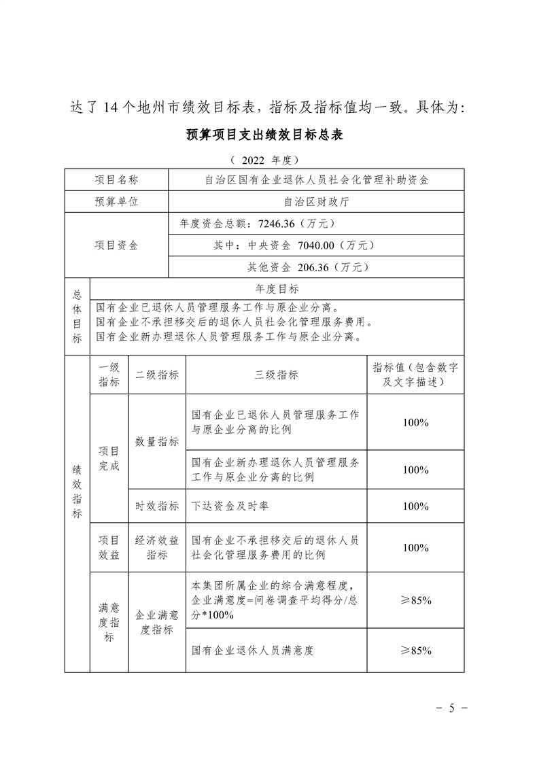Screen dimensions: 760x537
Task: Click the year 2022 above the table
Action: (x=252, y=160)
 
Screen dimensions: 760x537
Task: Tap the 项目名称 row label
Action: (x=116, y=180)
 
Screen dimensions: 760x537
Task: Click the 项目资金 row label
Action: (x=116, y=245)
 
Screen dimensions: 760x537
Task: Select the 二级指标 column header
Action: (x=157, y=375)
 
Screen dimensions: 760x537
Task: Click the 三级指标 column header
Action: (x=276, y=375)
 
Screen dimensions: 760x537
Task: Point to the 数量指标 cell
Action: (x=157, y=441)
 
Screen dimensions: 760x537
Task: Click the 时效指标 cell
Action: (x=157, y=506)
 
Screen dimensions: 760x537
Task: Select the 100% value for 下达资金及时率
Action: (x=415, y=506)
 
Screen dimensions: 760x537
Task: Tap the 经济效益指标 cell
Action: (x=157, y=547)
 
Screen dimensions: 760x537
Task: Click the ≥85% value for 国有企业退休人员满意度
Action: (x=415, y=651)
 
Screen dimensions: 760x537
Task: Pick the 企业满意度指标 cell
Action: (x=157, y=622)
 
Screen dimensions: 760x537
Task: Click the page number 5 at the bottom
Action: (x=451, y=708)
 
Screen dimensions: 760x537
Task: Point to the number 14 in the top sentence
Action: (x=111, y=108)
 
